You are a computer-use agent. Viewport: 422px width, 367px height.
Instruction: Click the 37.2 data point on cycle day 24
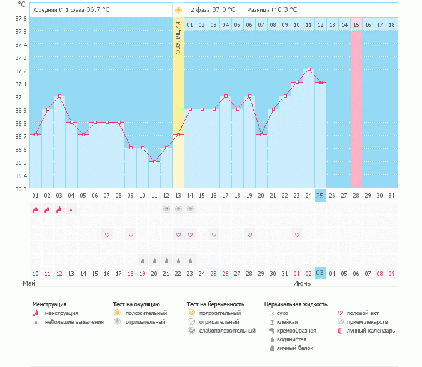click(x=308, y=69)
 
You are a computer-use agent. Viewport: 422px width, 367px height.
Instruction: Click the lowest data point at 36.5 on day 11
click(x=154, y=161)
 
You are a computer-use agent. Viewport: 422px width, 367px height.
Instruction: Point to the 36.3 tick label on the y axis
click(x=21, y=189)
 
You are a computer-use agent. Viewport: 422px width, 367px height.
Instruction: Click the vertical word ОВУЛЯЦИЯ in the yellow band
click(x=178, y=38)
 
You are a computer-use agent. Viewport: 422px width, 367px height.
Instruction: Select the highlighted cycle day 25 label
click(x=320, y=196)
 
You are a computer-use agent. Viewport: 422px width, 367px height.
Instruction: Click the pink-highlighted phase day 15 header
click(x=356, y=24)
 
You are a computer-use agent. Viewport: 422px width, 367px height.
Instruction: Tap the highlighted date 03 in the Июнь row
click(x=320, y=273)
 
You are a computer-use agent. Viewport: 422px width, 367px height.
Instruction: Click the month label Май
click(x=29, y=283)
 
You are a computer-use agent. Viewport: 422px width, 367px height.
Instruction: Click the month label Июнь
click(x=301, y=283)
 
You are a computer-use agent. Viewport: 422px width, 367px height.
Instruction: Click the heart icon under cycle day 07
click(x=107, y=234)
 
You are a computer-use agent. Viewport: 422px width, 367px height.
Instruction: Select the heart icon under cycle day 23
click(x=297, y=234)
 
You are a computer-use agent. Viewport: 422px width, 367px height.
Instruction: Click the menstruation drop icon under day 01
click(x=36, y=209)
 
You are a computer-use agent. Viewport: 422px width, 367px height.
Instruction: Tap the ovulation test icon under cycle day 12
click(x=166, y=209)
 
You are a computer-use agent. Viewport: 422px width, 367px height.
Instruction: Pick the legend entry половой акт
click(x=362, y=313)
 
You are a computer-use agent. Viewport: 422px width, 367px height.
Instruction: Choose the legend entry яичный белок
click(x=296, y=348)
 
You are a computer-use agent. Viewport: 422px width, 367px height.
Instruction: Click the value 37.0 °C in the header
click(x=223, y=10)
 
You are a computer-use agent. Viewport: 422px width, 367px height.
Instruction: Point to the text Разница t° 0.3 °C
click(x=272, y=10)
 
